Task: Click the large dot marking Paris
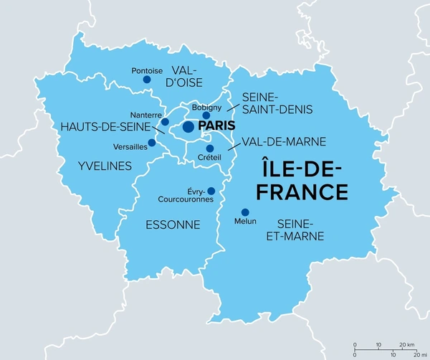pos(188,127)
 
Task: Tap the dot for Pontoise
pos(147,80)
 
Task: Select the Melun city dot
pos(245,212)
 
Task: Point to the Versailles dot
pos(151,142)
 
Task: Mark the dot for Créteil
pos(210,148)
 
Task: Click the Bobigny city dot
pos(206,115)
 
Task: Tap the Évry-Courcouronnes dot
pos(210,191)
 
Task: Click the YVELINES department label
pos(105,166)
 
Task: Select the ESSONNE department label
pos(172,224)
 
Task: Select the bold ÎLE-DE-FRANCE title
pos(302,181)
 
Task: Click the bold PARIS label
pos(218,127)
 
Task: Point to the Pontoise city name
pos(147,70)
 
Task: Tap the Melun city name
pos(245,222)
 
